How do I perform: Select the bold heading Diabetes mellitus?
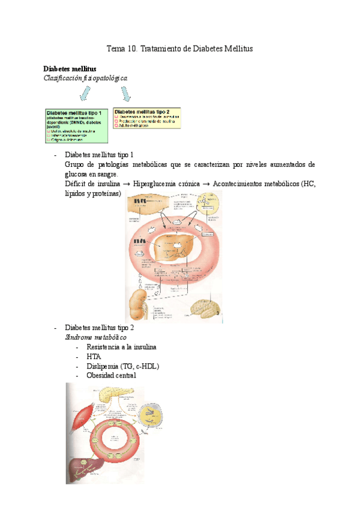click(x=70, y=69)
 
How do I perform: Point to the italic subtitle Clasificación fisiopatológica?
click(x=85, y=78)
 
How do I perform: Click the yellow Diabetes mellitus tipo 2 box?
click(x=150, y=118)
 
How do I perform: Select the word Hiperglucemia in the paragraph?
click(x=154, y=184)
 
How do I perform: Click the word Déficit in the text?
click(x=76, y=184)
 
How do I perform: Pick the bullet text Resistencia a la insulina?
click(x=122, y=348)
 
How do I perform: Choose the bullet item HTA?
click(x=94, y=357)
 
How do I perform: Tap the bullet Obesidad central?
click(x=111, y=375)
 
